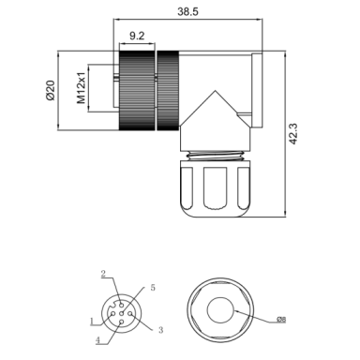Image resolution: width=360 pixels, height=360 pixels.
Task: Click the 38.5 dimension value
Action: pos(187,11)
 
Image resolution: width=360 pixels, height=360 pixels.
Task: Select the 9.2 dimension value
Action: pos(137,36)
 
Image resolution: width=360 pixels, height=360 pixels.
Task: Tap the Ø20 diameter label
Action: pos(51,90)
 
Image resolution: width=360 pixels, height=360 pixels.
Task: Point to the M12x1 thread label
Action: pos(81,88)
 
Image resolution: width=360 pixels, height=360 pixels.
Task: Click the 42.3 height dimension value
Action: pos(292,134)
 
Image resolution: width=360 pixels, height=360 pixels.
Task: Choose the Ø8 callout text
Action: pos(281,320)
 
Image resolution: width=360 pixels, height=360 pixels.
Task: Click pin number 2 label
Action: pos(103,274)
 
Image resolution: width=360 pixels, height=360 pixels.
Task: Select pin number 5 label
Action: pos(153,288)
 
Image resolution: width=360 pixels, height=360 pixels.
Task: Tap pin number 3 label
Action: pos(160,330)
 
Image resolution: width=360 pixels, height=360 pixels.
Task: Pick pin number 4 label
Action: pos(97,340)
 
